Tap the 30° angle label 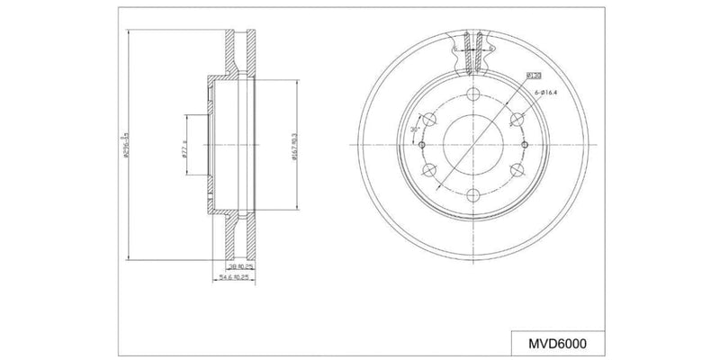pos(415,130)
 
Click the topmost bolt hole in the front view pos(472,95)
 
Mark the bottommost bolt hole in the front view pos(472,195)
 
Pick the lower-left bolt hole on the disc pos(428,170)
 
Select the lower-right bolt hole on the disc pos(516,170)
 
